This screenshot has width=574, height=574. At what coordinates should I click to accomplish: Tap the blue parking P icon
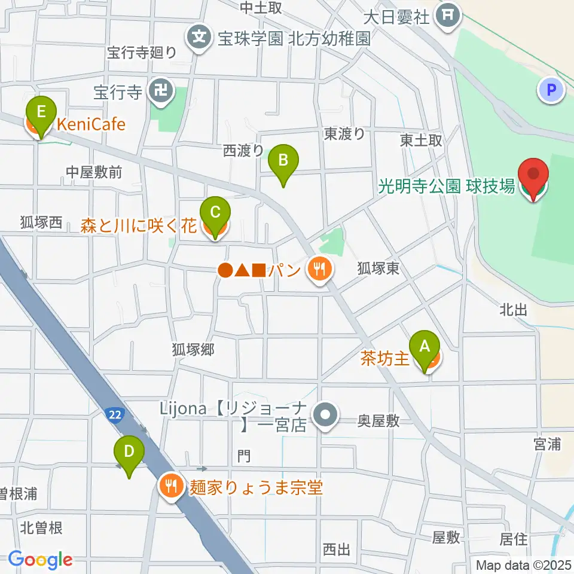click(551, 90)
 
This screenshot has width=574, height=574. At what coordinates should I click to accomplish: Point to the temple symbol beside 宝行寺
click(161, 92)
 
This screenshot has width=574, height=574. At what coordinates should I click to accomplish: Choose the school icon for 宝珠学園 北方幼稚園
click(199, 38)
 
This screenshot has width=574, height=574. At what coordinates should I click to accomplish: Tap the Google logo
click(40, 560)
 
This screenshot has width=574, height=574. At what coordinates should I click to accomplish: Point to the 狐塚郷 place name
click(193, 349)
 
